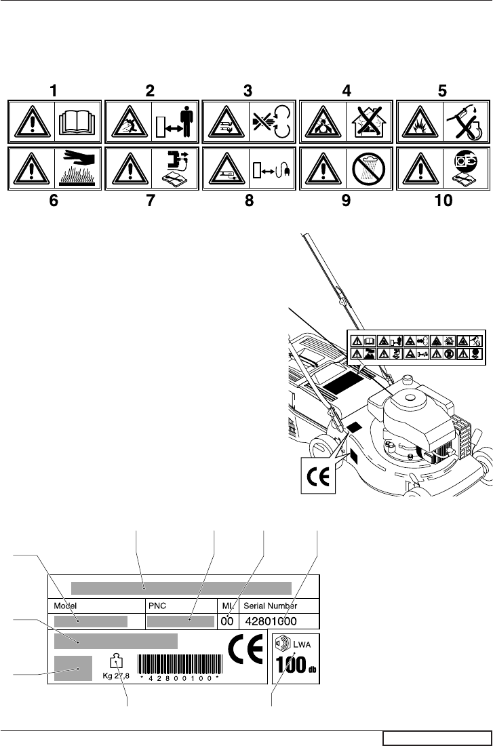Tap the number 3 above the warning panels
tap(250, 90)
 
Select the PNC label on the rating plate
tap(158, 606)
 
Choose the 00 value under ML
tap(227, 621)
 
